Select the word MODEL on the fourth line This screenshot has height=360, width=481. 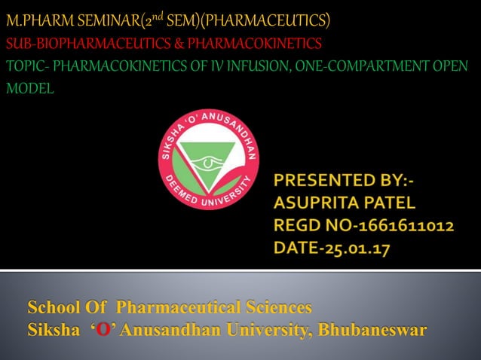[29, 89]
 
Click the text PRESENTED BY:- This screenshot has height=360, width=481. [348, 181]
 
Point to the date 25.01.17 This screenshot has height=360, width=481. [359, 249]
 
